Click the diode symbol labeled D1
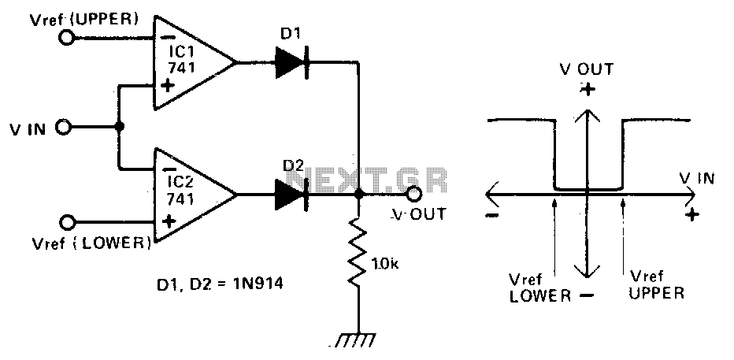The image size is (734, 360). click(291, 62)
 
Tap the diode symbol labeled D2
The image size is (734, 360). click(291, 194)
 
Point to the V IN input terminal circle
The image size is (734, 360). click(64, 126)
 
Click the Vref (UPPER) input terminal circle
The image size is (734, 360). click(66, 38)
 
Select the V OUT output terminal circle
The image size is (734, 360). click(413, 193)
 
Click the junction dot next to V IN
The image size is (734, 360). click(120, 126)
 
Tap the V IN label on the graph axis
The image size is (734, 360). click(697, 178)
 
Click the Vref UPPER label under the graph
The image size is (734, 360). click(656, 284)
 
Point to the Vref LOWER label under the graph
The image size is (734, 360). click(539, 288)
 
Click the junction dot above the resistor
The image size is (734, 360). click(358, 194)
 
